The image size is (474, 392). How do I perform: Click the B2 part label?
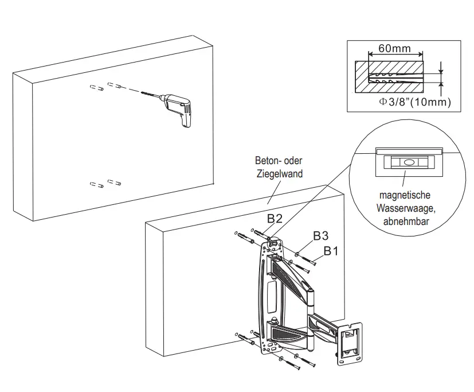(274, 219)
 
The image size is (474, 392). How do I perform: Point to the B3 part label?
(320, 236)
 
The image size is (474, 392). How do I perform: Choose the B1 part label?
(332, 251)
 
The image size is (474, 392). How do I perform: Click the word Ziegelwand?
(279, 173)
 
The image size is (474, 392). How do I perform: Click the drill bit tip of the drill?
(141, 91)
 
